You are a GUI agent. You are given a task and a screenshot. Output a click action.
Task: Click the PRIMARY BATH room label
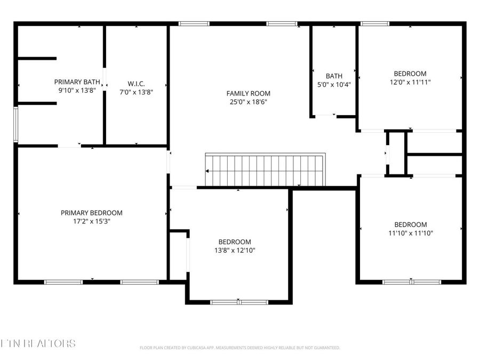pos(77,82)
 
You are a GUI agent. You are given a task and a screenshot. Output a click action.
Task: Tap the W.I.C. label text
pos(136,84)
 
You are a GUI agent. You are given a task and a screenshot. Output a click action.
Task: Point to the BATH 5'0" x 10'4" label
pos(334,80)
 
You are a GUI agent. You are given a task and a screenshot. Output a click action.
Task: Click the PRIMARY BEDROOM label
pos(91,213)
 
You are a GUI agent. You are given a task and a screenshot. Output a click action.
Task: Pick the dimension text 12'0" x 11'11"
pos(410,82)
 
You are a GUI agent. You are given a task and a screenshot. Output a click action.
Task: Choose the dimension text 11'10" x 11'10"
pos(410,233)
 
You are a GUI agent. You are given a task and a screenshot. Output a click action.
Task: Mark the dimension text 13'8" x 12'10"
pos(235,250)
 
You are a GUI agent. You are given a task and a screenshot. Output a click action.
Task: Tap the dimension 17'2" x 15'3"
pos(91,221)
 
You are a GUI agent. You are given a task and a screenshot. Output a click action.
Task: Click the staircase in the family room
pos(265,170)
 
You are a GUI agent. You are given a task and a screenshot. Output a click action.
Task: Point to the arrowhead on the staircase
pos(207,171)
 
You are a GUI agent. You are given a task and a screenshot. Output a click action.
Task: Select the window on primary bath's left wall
pos(16,124)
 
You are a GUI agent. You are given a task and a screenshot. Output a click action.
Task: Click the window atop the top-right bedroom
pos(375,23)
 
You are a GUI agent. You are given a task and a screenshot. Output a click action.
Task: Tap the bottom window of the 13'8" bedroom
pos(239,302)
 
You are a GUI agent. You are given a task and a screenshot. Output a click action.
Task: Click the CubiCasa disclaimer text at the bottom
pos(239,348)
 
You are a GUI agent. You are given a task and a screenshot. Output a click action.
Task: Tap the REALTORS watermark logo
pos(38,343)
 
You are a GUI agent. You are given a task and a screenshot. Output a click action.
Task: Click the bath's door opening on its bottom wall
pos(325,116)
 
